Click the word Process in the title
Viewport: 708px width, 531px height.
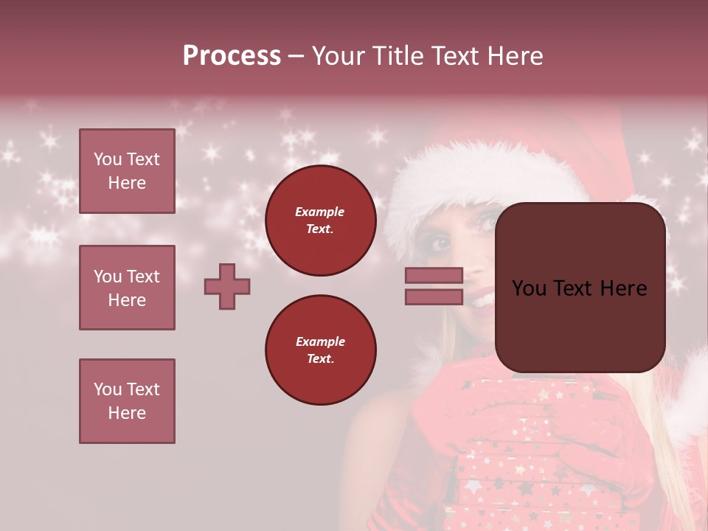[x=232, y=56]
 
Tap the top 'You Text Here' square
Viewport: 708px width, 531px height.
[x=127, y=171]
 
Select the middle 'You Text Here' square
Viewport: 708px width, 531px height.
[x=127, y=288]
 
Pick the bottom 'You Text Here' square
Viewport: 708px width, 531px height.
[x=127, y=401]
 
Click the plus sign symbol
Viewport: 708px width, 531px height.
[x=227, y=286]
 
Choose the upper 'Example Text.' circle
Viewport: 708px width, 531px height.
[x=320, y=221]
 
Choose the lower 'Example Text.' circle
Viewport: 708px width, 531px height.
[x=320, y=350]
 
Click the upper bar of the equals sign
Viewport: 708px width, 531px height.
[x=434, y=275]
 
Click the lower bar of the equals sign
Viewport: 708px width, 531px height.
[x=434, y=296]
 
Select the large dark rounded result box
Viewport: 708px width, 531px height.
[x=580, y=288]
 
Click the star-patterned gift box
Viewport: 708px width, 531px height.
[x=531, y=457]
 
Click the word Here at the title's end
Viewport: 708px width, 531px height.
[x=514, y=56]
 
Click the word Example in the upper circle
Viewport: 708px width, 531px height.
[x=320, y=212]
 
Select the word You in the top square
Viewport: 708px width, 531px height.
[x=107, y=159]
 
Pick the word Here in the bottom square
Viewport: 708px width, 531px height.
[x=127, y=413]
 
